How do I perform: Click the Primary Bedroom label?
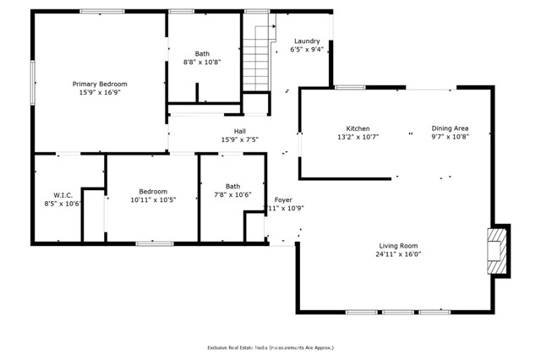coord(100,84)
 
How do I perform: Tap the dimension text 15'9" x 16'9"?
coord(100,93)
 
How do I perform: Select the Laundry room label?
coord(307,41)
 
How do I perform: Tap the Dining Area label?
coord(450,128)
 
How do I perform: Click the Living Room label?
coord(399,244)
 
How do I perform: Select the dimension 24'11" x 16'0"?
coord(399,254)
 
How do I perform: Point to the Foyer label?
coord(283,199)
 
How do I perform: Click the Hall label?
coord(239,131)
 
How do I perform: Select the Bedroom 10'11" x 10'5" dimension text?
coord(153,200)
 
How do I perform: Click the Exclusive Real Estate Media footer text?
coord(270,347)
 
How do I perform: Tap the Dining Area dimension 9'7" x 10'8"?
coord(450,137)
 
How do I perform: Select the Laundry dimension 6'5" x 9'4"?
coord(307,50)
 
